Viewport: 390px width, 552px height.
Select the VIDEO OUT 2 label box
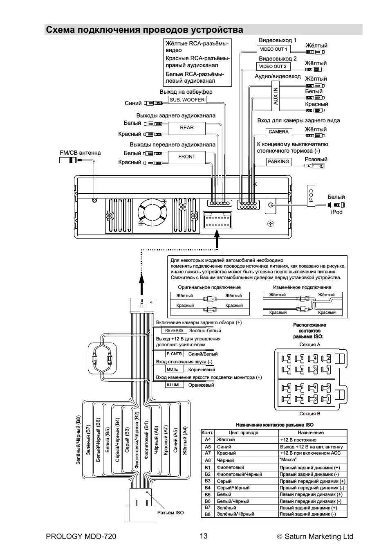[x=273, y=66]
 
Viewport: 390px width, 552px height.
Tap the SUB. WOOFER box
[x=187, y=100]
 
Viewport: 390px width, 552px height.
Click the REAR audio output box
[x=187, y=128]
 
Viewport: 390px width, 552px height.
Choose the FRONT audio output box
[x=187, y=157]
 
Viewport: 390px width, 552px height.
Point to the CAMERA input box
[x=278, y=132]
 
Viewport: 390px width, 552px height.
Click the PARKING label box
[x=278, y=162]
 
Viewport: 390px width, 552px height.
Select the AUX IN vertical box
[x=276, y=96]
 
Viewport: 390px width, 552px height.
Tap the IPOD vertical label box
[x=311, y=195]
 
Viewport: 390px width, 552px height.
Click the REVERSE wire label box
[x=175, y=331]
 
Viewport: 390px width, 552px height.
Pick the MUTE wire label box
[x=172, y=370]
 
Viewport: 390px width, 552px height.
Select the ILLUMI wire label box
[x=173, y=385]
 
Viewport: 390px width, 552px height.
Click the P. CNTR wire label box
[x=174, y=354]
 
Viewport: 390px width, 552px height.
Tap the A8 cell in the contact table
[x=208, y=460]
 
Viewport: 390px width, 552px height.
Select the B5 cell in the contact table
[x=208, y=494]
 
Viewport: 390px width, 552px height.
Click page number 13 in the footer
[x=204, y=536]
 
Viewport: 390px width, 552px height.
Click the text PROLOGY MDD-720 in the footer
[x=78, y=536]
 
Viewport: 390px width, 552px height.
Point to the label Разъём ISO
[x=170, y=513]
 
